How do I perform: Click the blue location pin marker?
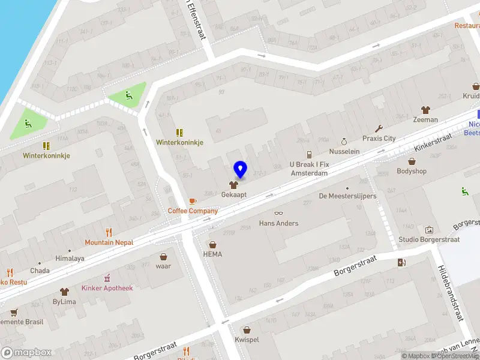point(240,170)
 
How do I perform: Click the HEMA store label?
point(212,254)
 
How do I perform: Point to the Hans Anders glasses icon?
point(278,214)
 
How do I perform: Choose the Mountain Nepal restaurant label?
point(109,242)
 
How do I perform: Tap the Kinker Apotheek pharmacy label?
point(107,288)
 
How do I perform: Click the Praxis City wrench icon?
point(379,128)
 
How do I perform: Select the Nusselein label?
point(344,151)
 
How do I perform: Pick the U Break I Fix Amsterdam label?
point(309,169)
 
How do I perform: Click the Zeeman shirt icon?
point(425,110)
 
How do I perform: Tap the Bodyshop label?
point(412,171)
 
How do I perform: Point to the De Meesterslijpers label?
point(347,196)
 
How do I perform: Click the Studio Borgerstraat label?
point(429,239)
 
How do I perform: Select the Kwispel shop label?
point(247,339)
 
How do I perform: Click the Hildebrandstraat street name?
point(451,294)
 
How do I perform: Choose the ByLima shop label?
point(64,302)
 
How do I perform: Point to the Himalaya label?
point(70,258)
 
